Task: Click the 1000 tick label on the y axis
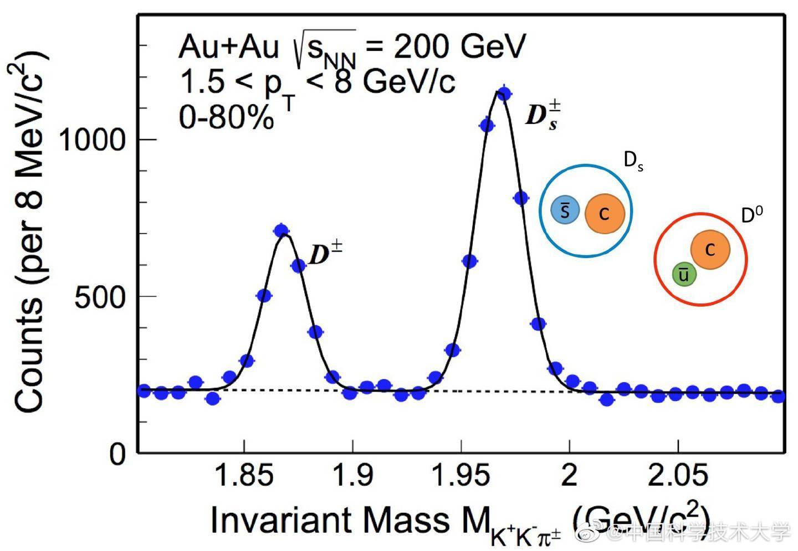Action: [x=92, y=139]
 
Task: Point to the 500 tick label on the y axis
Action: [x=100, y=297]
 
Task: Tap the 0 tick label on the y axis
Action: [x=118, y=454]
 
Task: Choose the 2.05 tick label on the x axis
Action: [x=677, y=475]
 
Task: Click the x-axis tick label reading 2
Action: [x=569, y=475]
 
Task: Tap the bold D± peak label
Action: [x=325, y=254]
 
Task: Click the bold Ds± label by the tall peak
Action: [x=542, y=115]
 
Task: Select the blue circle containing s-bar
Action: [x=565, y=210]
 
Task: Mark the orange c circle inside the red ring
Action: [x=710, y=250]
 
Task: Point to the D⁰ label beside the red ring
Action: [x=752, y=215]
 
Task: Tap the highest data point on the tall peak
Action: [x=504, y=94]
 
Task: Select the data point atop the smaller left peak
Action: [x=282, y=231]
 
